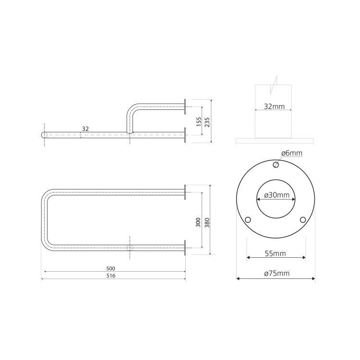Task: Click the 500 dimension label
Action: pyautogui.click(x=111, y=268)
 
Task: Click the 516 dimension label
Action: pyautogui.click(x=111, y=276)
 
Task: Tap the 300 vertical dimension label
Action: pyautogui.click(x=198, y=222)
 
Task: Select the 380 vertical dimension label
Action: pyautogui.click(x=207, y=223)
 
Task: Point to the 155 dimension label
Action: pyautogui.click(x=199, y=122)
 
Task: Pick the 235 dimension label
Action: pyautogui.click(x=207, y=122)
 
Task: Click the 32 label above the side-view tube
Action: pyautogui.click(x=85, y=129)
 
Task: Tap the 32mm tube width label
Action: pyautogui.click(x=274, y=107)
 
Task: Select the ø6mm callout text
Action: pyautogui.click(x=292, y=153)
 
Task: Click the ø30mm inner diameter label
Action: pyautogui.click(x=276, y=195)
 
